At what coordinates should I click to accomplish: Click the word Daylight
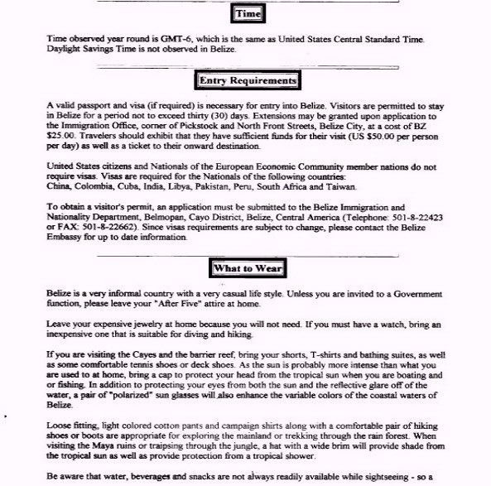(x=65, y=49)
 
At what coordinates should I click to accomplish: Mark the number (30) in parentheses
(x=260, y=116)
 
